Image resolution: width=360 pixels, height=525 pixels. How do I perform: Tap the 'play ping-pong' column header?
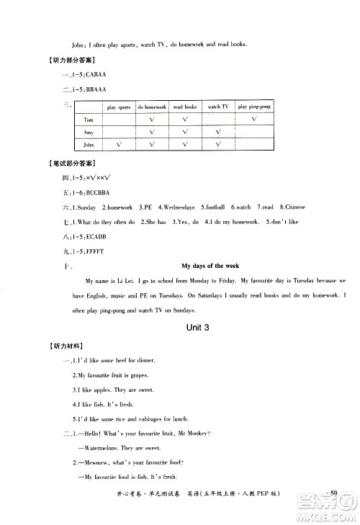(254, 107)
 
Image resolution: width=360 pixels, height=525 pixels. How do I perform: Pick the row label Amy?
(89, 132)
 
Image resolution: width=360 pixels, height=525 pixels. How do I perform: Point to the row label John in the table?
(89, 145)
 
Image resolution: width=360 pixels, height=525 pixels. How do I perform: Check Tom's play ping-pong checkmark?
(254, 119)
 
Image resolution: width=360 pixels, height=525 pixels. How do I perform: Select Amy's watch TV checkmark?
(217, 132)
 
